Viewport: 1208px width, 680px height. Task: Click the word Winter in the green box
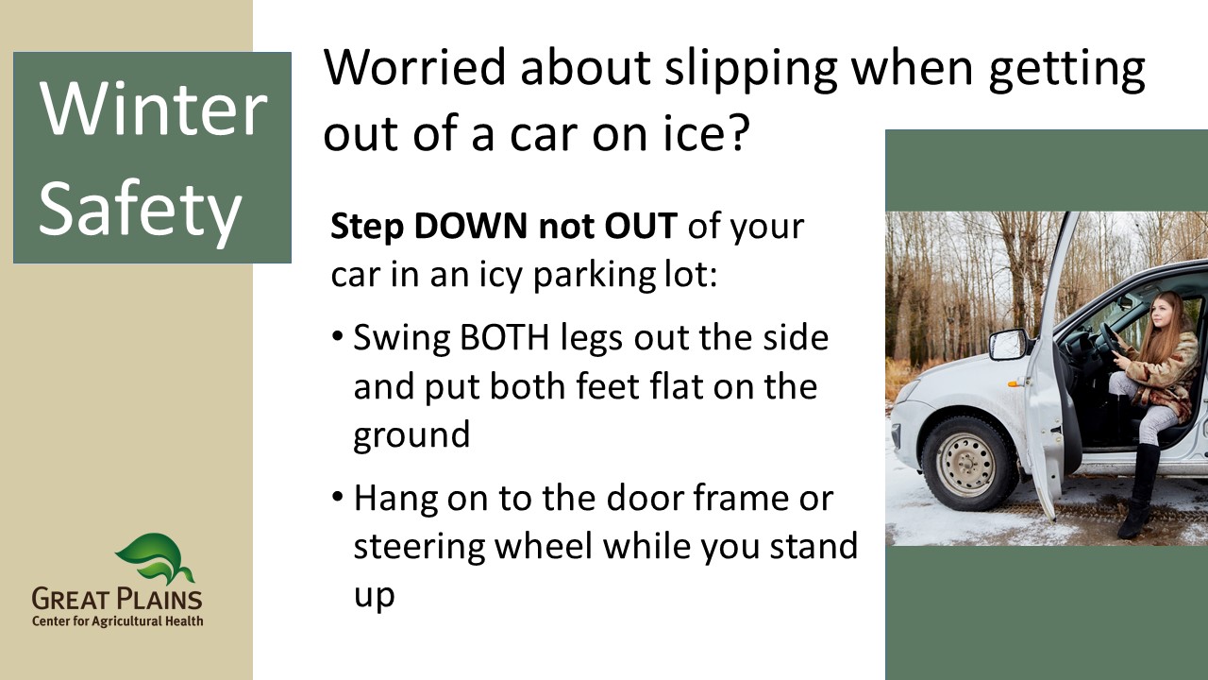(x=153, y=109)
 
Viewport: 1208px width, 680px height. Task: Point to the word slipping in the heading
(x=750, y=70)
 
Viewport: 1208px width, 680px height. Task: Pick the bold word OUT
(x=641, y=226)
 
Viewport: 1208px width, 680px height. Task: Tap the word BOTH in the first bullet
(x=504, y=338)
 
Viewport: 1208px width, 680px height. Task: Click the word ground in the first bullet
(x=411, y=436)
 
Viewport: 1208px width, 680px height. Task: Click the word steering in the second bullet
(x=419, y=547)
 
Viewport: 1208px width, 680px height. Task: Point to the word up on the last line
(x=375, y=597)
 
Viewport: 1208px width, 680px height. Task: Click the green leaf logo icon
(x=155, y=559)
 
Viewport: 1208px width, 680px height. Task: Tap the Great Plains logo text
(x=117, y=600)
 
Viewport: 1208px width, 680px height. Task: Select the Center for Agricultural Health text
(x=118, y=621)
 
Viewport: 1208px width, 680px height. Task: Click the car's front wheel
(x=964, y=464)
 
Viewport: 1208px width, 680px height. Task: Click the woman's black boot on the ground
(x=1139, y=491)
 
